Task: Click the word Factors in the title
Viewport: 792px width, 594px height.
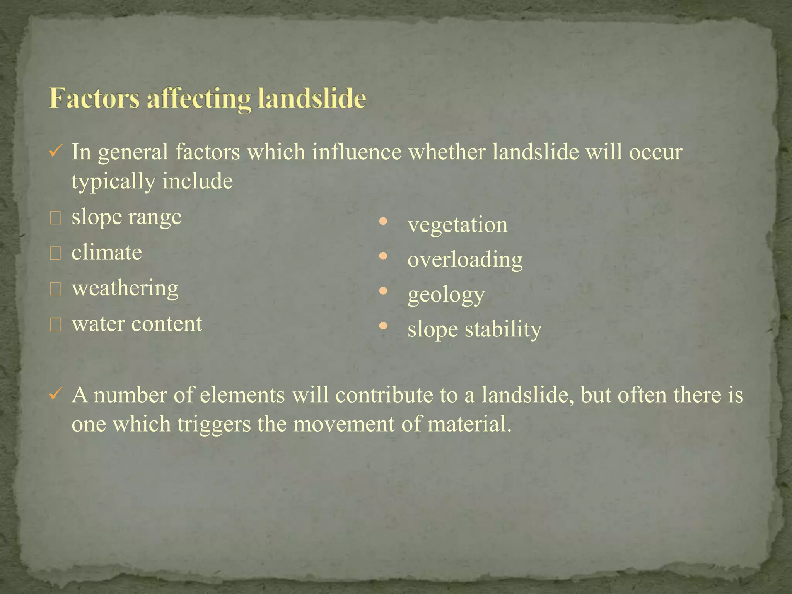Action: point(94,98)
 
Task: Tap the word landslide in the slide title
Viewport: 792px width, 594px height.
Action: point(312,98)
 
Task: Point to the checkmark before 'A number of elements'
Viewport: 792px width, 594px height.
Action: point(54,394)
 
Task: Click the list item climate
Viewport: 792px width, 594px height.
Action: point(107,253)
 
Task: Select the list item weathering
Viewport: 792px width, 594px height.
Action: point(125,288)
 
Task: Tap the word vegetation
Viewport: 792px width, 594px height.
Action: point(457,225)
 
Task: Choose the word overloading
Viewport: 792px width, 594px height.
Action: point(465,259)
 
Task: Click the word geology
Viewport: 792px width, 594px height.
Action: point(446,295)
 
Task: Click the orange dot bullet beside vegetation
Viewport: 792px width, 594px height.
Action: point(383,222)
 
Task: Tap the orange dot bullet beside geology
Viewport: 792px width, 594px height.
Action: point(383,291)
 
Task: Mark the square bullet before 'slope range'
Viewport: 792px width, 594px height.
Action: point(55,218)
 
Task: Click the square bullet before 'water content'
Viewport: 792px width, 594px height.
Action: point(55,326)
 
